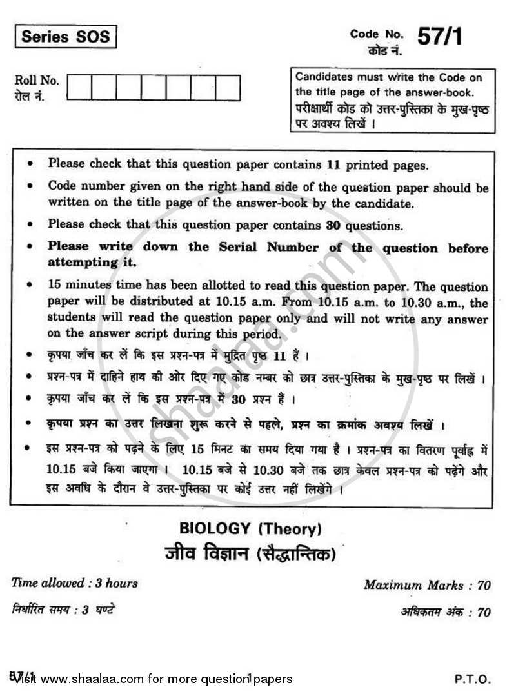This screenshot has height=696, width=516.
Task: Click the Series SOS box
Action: [65, 36]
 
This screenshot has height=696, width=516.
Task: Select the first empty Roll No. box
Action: [79, 88]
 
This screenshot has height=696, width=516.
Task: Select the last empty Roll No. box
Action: [227, 88]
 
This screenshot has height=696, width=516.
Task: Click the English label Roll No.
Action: [37, 81]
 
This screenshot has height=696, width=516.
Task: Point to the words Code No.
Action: [377, 34]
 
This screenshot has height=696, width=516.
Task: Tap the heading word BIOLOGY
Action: [215, 530]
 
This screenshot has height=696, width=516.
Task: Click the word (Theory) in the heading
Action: [289, 530]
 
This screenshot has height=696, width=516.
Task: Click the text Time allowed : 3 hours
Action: [75, 583]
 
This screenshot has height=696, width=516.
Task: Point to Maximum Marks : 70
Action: [427, 586]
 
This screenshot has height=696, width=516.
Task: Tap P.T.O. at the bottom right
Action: [473, 679]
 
